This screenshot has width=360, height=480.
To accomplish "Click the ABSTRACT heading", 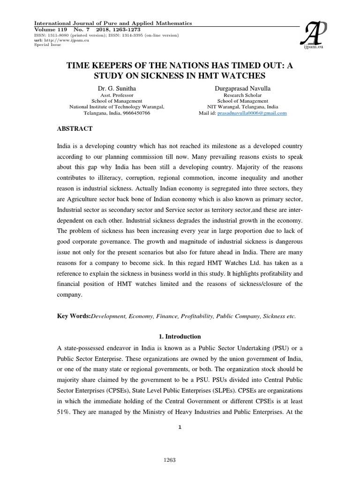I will (x=75, y=128).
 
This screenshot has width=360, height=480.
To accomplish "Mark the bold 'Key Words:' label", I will (x=74, y=316).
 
